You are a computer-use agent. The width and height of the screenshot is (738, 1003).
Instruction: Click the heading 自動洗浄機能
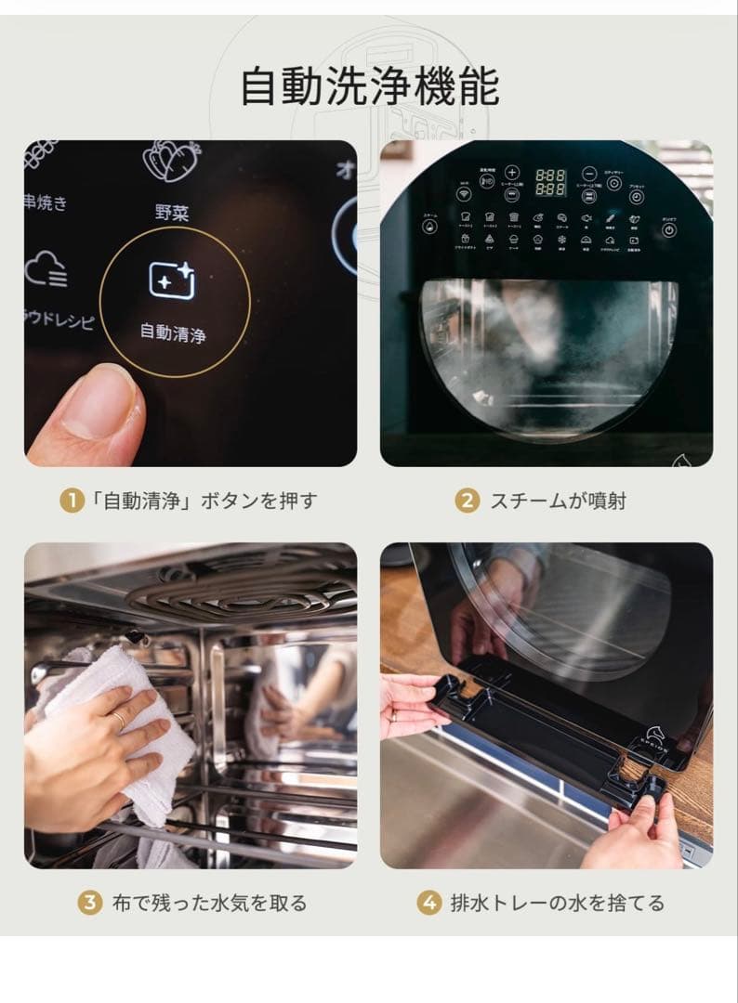pos(369,87)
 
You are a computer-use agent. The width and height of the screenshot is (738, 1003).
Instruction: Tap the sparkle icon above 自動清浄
pos(173,280)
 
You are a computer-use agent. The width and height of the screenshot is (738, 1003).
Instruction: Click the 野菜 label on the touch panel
pos(172,213)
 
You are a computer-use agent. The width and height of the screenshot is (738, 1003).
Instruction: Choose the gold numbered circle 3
pos(89,902)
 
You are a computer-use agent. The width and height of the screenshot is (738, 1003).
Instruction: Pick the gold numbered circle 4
pos(428,902)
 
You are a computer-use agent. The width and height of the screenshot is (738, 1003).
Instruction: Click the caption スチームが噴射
pos(558,501)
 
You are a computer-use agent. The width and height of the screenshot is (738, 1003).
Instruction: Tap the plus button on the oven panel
pos(512,172)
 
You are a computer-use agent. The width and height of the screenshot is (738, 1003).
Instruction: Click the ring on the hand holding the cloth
pos(119,719)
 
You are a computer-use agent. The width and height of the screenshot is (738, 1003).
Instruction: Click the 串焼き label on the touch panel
pos(46,203)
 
